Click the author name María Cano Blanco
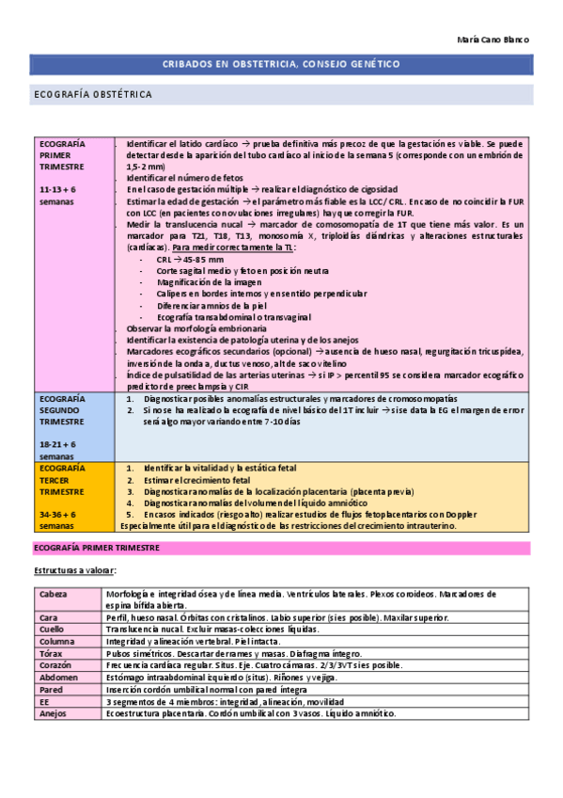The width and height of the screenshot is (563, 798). click(493, 40)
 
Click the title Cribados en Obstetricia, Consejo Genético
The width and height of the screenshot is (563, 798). click(282, 64)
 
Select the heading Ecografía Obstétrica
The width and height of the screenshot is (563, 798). click(92, 95)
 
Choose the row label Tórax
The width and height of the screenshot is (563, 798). click(51, 652)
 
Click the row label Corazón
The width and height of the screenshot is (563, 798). click(55, 664)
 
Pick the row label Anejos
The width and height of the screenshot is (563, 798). click(53, 712)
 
